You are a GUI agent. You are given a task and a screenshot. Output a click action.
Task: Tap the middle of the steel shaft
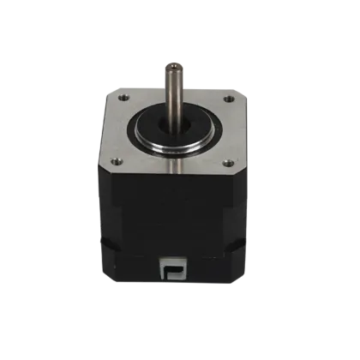(177, 90)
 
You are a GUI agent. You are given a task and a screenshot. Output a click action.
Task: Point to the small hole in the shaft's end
(177, 64)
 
